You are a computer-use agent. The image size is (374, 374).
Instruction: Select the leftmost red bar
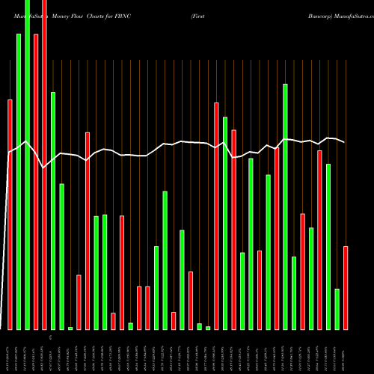(x=10, y=214)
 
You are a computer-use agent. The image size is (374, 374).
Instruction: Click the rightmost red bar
(x=346, y=287)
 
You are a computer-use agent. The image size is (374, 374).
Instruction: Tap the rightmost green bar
(x=337, y=309)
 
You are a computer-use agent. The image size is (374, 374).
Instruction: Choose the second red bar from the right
(x=319, y=239)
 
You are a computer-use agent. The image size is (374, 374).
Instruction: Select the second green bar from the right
(x=328, y=246)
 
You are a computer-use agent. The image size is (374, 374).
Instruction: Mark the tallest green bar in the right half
(x=285, y=206)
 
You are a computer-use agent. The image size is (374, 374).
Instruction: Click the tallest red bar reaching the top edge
(x=44, y=165)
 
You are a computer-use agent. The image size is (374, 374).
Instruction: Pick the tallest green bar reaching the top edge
(x=27, y=165)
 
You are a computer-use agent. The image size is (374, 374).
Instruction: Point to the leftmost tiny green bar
(x=70, y=328)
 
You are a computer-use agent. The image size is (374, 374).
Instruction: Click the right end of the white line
(x=345, y=142)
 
